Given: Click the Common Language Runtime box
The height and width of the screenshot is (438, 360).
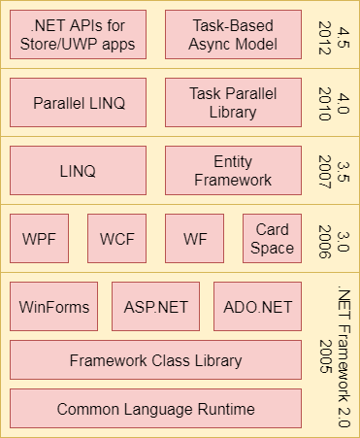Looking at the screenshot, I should click(155, 409).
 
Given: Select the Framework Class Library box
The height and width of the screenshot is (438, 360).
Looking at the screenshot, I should click(155, 360).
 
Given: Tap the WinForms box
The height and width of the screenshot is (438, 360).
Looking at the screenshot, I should click(54, 307).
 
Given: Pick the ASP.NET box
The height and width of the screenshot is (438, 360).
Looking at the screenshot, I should click(155, 307).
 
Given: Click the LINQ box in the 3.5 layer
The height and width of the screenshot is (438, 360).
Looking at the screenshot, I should click(78, 171).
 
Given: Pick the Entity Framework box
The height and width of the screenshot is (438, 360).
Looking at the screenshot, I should click(233, 171).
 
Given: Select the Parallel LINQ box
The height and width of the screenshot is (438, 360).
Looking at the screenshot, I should click(78, 103).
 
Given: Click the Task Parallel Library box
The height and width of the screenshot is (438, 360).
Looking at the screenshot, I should click(233, 103).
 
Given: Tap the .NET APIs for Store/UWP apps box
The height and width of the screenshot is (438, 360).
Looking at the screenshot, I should click(78, 35).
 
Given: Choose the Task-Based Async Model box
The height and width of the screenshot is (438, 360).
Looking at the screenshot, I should click(233, 35).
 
